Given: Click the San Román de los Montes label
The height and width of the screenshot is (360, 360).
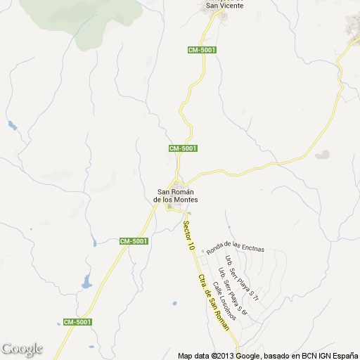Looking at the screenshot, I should [x=176, y=195].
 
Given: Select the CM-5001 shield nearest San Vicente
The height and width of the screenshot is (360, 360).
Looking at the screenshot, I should [x=202, y=50].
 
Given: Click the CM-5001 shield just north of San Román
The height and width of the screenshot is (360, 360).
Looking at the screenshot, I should [x=183, y=148].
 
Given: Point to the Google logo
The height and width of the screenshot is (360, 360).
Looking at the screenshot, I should [x=22, y=349].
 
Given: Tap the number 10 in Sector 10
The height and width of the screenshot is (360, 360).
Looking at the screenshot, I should [x=191, y=246].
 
